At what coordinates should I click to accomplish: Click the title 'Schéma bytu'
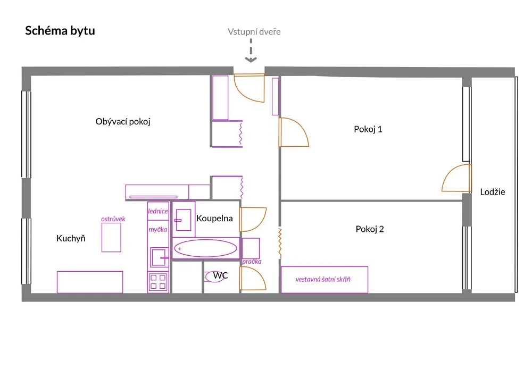pos(60,30)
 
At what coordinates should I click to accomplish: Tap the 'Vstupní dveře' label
pos(254,32)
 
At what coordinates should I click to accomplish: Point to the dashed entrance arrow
pos(251,51)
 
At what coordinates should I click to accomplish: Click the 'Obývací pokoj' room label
pos(123,122)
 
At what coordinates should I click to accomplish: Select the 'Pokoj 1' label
pos(368,129)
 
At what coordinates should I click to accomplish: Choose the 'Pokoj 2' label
pos(370,229)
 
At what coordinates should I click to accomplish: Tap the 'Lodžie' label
pos(493,192)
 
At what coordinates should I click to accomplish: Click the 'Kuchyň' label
pos(71,238)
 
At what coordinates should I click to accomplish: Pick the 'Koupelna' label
pos(214,219)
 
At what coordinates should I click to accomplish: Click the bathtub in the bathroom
pos(205,248)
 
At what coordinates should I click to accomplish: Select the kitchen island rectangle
pos(111,237)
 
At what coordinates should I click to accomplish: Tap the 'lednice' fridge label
pos(158,211)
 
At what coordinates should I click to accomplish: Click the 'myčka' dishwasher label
pos(158,230)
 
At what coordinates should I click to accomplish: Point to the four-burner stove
pos(158,282)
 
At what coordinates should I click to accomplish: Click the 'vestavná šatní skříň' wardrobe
pos(325,280)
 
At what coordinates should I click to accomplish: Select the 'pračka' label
pos(252,262)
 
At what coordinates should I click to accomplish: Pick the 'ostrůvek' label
pos(113,219)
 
